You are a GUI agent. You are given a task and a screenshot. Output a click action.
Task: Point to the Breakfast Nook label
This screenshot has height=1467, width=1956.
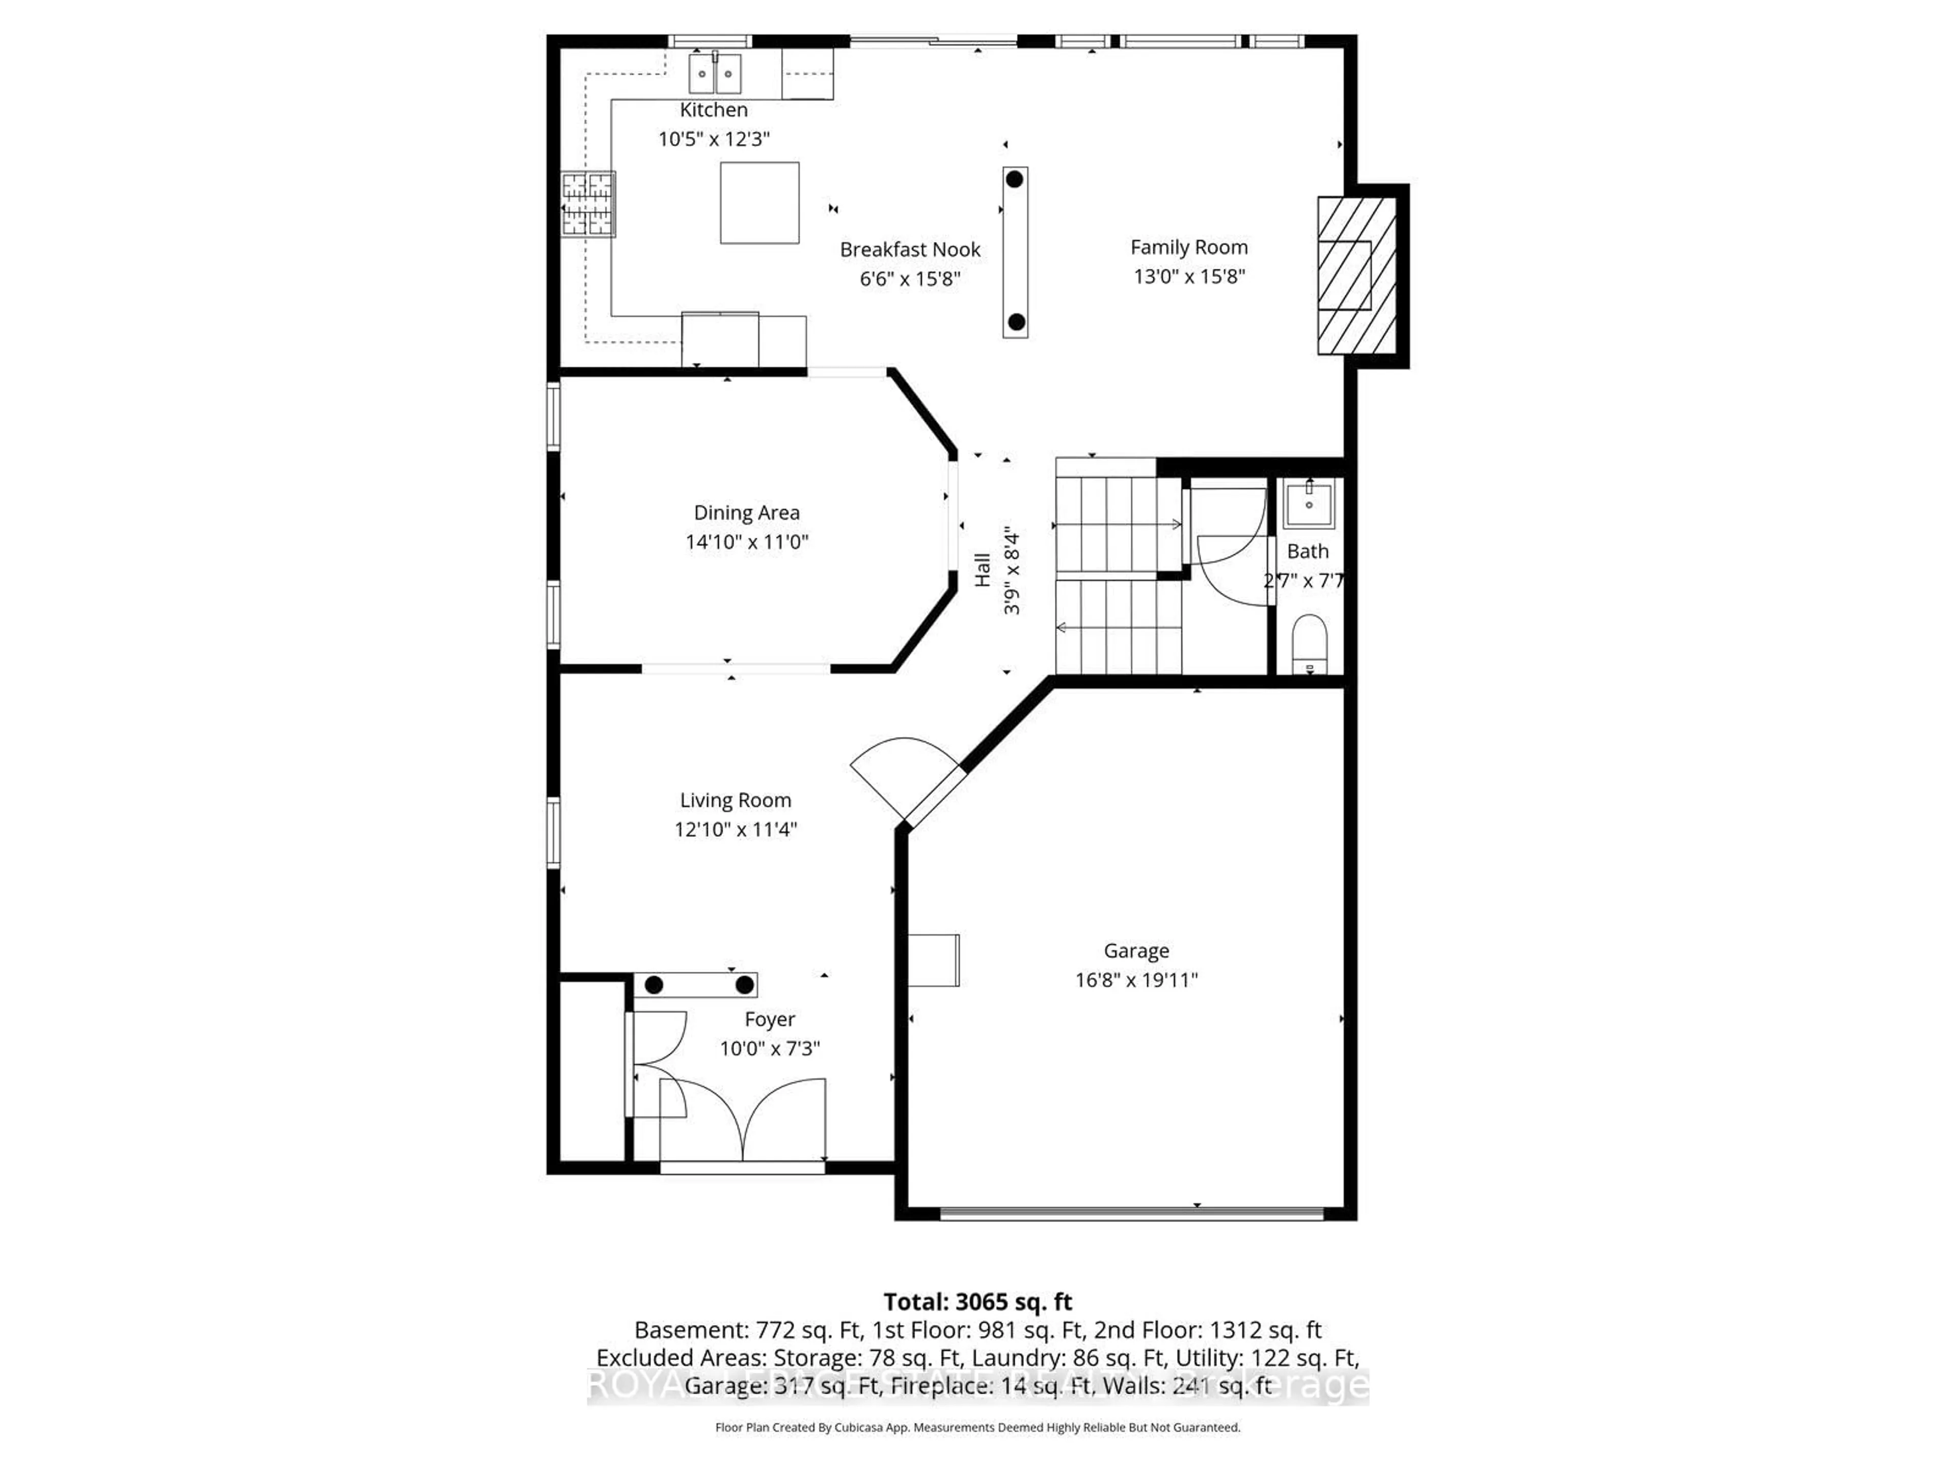pos(909,250)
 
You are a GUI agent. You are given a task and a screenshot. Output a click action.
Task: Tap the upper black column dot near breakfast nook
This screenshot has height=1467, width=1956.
pos(1014,179)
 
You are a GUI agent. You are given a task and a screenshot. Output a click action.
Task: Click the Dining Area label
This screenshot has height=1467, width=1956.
pos(746,513)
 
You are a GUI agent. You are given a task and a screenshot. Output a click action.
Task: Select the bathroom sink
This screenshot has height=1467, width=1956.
pos(1308,505)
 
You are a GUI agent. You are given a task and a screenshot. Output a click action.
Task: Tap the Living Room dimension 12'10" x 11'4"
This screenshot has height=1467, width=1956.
pos(735,829)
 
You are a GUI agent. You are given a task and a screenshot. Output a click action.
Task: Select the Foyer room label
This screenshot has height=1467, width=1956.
pos(769,1020)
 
